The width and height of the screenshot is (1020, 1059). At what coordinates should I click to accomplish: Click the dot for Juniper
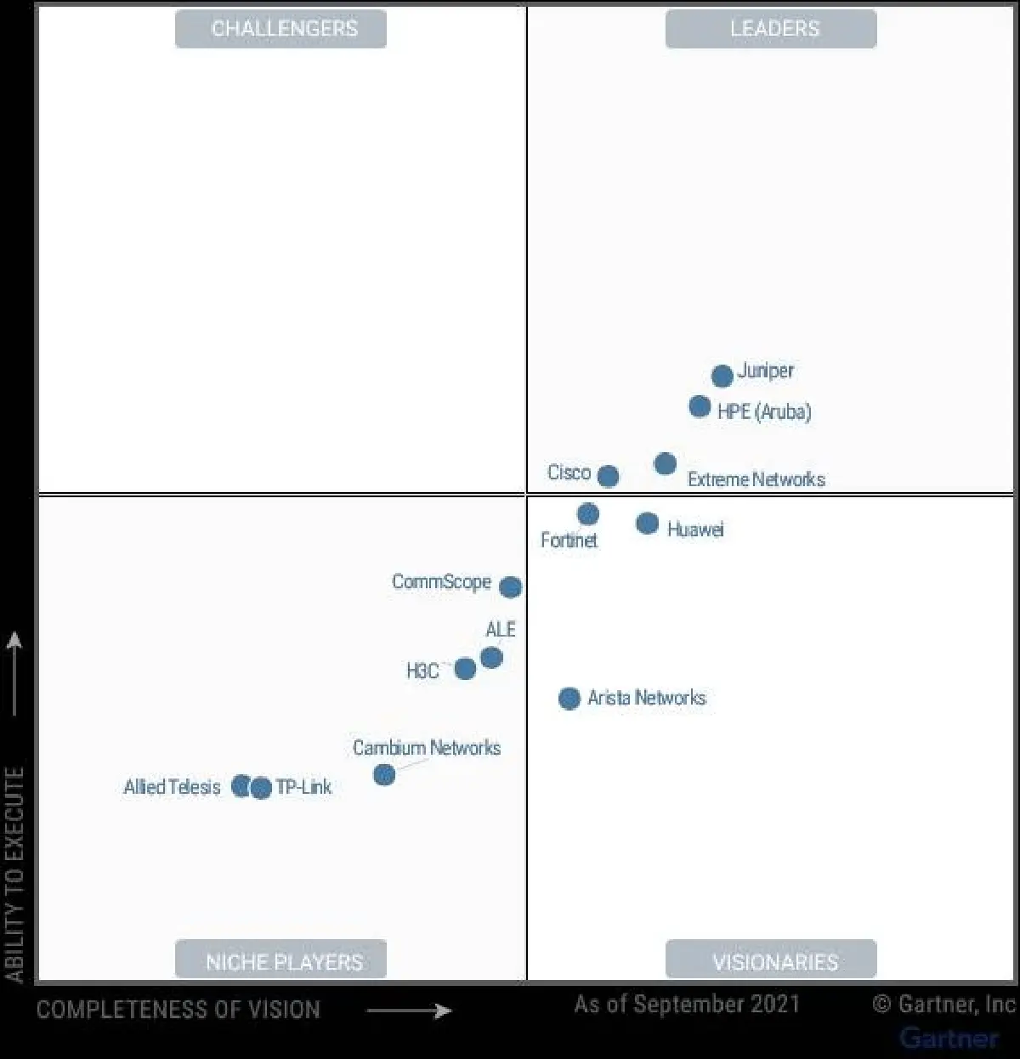tap(722, 376)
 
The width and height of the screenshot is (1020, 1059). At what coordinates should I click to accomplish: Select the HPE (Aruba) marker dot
tap(700, 406)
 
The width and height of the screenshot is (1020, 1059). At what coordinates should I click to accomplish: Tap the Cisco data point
tap(608, 476)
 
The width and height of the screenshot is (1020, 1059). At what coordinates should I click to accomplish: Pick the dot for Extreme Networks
tap(666, 463)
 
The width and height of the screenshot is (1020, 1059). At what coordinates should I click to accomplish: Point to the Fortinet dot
tap(587, 514)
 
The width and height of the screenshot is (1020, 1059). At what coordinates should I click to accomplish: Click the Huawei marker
tap(647, 524)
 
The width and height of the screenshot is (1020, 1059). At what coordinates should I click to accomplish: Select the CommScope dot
tap(510, 587)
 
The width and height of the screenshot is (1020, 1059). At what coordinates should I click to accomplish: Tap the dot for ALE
tap(491, 658)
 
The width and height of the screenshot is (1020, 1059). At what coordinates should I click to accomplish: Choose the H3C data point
tap(465, 669)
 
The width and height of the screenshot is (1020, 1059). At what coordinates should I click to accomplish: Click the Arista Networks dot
tap(569, 699)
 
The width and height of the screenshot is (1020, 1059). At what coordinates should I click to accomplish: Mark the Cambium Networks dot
tap(384, 775)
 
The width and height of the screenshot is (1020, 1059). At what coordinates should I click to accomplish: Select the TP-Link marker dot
tap(262, 788)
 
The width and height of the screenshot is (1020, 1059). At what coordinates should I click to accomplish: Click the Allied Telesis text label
tap(172, 788)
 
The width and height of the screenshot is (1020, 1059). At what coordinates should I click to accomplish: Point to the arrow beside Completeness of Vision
tap(408, 1011)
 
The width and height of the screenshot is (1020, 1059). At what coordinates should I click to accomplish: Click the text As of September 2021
tap(687, 1005)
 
